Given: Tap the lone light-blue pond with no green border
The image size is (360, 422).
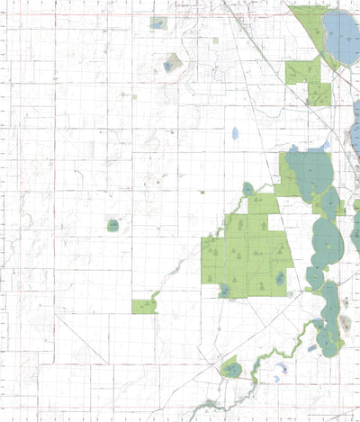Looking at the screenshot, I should coord(235,133).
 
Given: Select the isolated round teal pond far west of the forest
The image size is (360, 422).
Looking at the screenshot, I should coord(113,226).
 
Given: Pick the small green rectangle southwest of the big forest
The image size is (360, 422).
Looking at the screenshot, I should coord(143,306).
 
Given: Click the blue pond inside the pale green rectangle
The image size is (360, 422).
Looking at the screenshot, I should coord(158,23).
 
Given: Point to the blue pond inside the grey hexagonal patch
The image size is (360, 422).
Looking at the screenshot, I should coord(170,64).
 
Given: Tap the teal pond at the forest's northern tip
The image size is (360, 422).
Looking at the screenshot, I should coord(248,189).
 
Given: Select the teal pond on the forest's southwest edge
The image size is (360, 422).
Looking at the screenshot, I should coord(223,290).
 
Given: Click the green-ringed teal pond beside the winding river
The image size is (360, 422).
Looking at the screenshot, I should coord(232,369).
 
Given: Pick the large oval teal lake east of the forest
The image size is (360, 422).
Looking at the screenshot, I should coord(328,242).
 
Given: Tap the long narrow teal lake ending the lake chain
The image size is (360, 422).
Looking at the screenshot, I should coord(329,317).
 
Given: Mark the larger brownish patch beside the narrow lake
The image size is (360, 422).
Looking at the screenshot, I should coord(345,324).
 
